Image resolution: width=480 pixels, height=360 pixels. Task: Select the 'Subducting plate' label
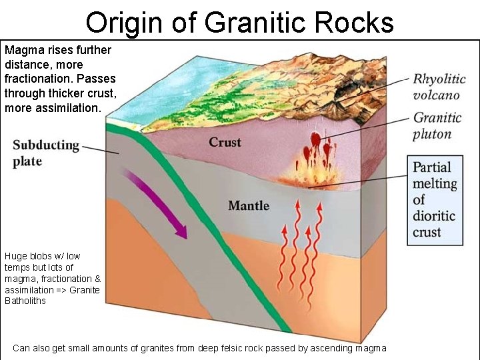[x=46, y=153]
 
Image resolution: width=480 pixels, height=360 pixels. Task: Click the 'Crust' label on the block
[x=225, y=142]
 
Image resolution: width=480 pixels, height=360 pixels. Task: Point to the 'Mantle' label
[x=249, y=205]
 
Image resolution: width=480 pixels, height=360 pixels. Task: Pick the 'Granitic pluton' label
[x=437, y=125]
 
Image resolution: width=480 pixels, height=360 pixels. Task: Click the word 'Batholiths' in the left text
[x=26, y=301]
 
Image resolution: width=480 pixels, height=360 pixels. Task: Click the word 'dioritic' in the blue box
[x=433, y=216]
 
